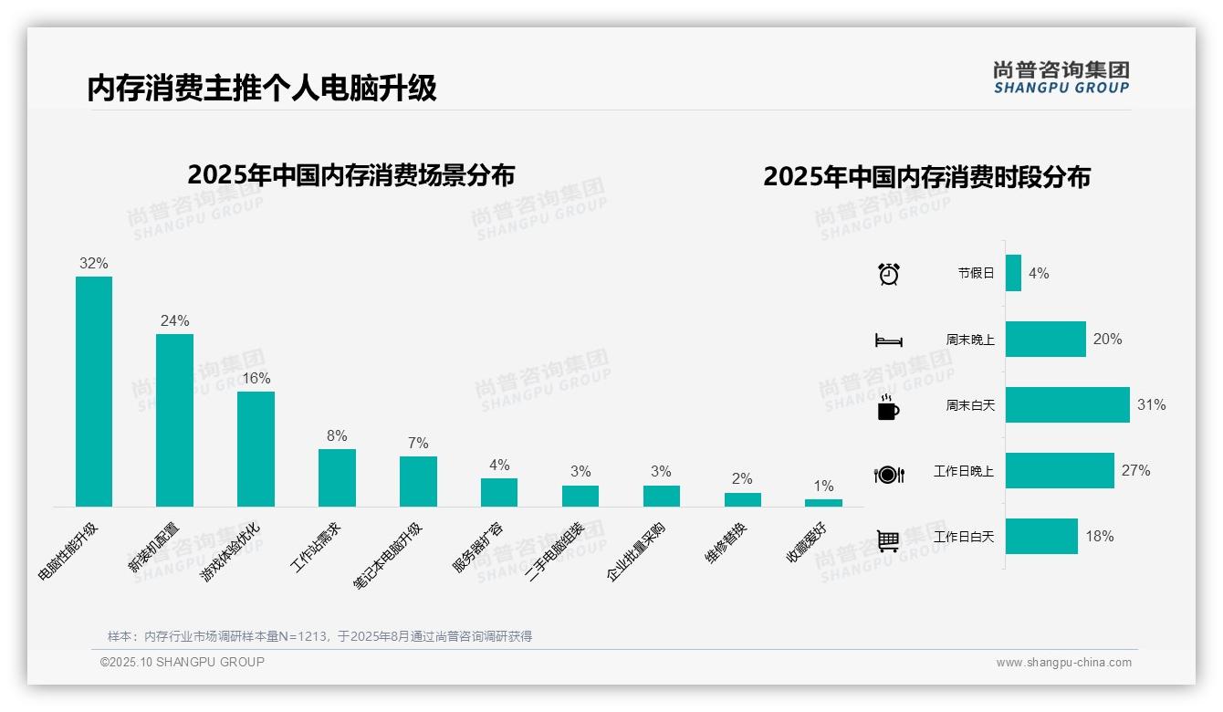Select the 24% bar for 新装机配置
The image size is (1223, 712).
click(174, 420)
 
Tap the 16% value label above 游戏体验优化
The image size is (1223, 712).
click(256, 378)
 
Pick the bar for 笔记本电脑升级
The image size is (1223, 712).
click(418, 481)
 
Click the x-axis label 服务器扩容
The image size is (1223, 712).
click(477, 548)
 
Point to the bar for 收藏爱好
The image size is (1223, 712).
click(823, 503)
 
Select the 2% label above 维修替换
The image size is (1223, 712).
click(742, 478)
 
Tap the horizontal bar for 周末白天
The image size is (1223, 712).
click(1067, 404)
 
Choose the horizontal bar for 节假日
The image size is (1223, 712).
click(1013, 273)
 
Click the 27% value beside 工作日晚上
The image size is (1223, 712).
click(1135, 471)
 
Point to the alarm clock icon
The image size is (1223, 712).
click(888, 274)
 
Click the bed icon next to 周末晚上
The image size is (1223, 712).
click(888, 340)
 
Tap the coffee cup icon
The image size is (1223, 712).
click(888, 407)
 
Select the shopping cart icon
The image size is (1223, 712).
click(888, 540)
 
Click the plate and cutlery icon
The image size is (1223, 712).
click(888, 475)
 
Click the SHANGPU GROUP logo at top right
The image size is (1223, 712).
click(1061, 77)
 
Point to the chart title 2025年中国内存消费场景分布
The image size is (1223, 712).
click(350, 175)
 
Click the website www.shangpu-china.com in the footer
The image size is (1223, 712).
click(1063, 663)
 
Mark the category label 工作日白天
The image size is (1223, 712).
click(963, 537)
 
